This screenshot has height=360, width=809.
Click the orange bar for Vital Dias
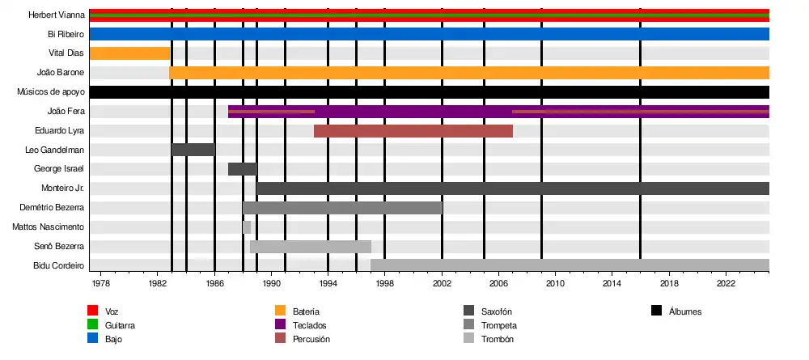pos(129,53)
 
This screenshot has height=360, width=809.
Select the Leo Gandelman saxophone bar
pos(193,150)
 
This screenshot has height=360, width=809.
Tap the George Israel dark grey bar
pos(242,169)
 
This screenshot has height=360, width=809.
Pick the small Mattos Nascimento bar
pos(247,227)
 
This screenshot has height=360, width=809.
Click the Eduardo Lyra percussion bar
pos(413,131)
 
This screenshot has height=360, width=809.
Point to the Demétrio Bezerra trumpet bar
pos(342,208)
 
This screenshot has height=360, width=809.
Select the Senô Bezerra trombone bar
pos(310,247)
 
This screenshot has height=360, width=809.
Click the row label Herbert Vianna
pos(57,15)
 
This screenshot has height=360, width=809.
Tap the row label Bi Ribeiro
pos(66,35)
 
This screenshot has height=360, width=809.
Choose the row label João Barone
pos(61,73)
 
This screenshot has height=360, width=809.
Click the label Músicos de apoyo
pos(50,92)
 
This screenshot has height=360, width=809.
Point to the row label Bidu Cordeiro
pos(59,265)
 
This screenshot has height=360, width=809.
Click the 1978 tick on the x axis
pos(101,284)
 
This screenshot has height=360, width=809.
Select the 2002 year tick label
pos(442,284)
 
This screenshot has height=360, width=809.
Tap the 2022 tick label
pos(726,284)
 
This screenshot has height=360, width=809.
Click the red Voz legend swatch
pos(92,311)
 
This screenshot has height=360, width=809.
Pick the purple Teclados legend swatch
pos(280,324)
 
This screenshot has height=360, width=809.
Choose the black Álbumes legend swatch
pos(656,311)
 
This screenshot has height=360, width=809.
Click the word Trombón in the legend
pos(497,339)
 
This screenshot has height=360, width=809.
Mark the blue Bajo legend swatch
pos(92,339)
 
